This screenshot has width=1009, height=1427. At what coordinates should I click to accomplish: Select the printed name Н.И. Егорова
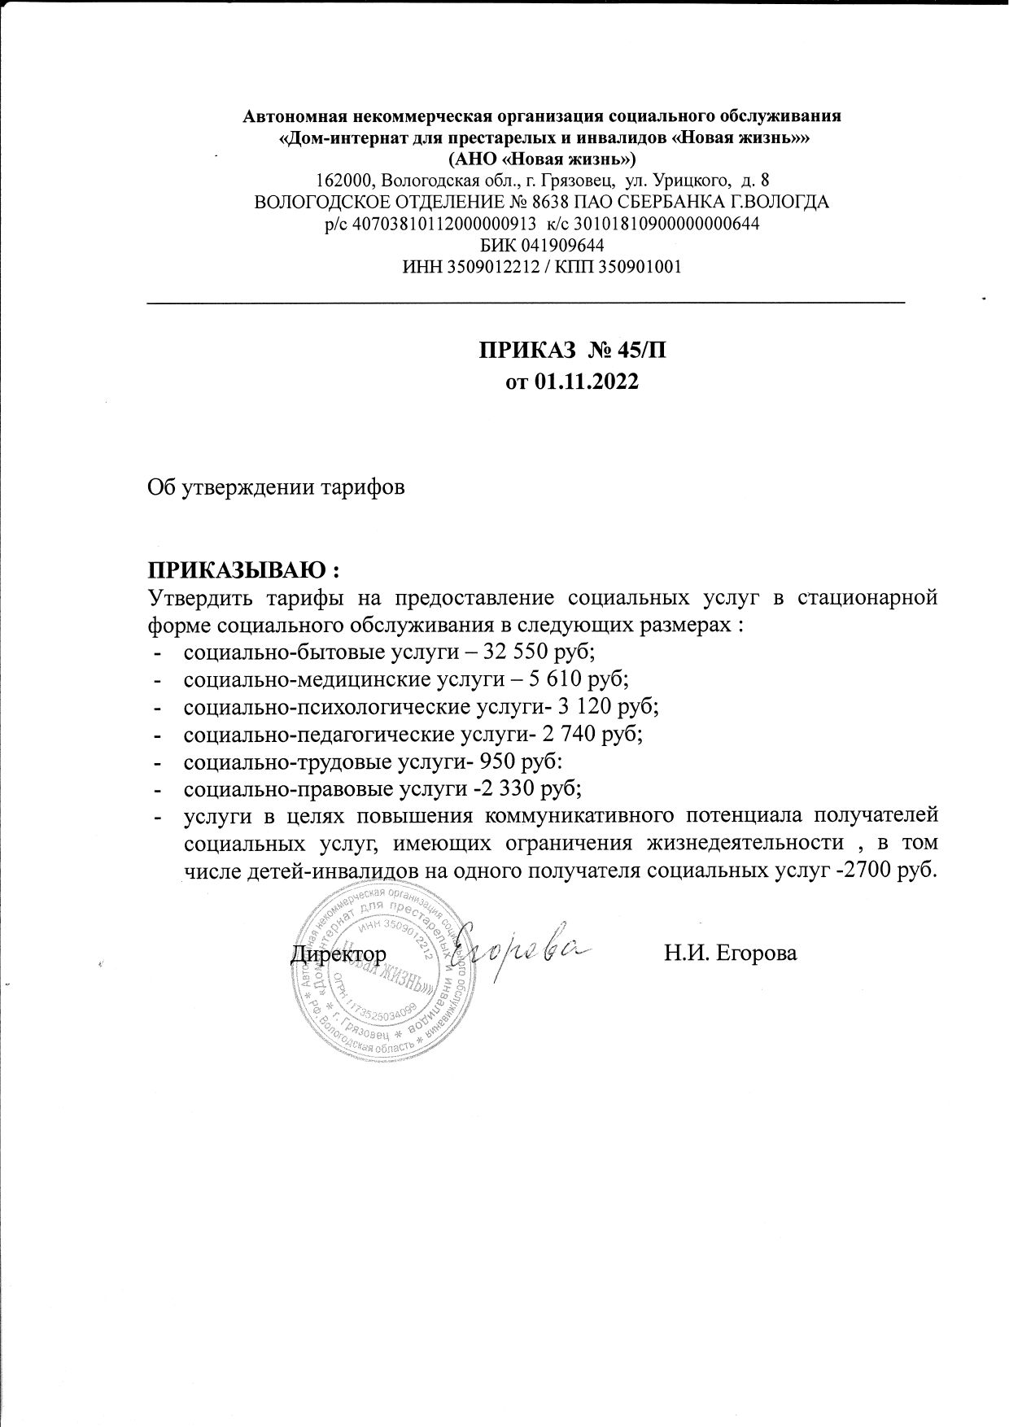point(730,953)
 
